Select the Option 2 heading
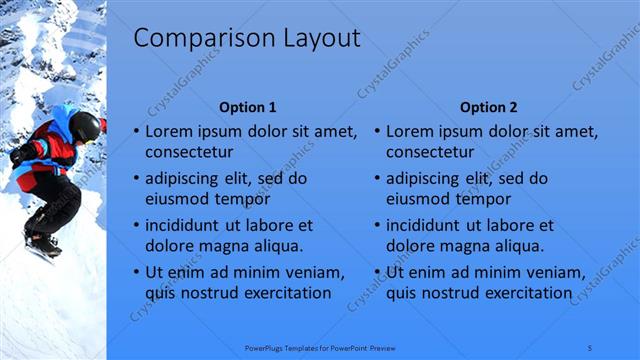pos(488,107)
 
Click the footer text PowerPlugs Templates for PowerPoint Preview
pos(320,347)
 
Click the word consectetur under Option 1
pos(190,153)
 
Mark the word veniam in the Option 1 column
pos(315,271)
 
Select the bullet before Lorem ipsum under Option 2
pos(377,131)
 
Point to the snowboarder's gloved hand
pos(17,155)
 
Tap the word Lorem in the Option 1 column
pos(167,130)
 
